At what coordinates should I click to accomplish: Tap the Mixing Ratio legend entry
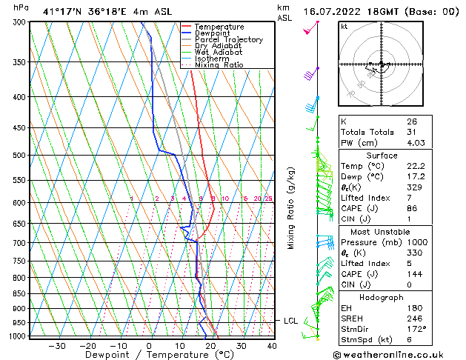coord(219,65)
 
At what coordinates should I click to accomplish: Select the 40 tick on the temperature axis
coord(272,346)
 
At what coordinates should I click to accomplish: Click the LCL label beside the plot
coord(290,321)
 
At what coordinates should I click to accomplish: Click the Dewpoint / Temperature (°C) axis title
coord(150,356)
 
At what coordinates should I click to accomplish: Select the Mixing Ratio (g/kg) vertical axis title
coord(291,207)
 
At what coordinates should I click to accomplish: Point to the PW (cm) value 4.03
coord(415,144)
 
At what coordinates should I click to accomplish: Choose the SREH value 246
coord(415,319)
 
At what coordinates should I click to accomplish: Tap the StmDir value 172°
coord(416,329)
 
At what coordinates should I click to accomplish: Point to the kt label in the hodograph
coord(344,26)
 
